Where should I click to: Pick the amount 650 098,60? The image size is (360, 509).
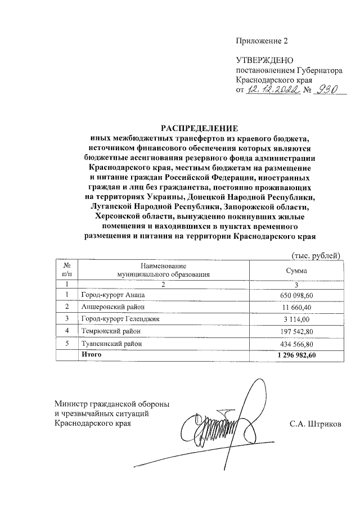308,295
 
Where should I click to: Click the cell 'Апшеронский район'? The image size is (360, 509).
112,307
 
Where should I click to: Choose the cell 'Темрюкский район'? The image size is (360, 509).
111,331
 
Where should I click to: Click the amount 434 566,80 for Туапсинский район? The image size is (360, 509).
308,343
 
